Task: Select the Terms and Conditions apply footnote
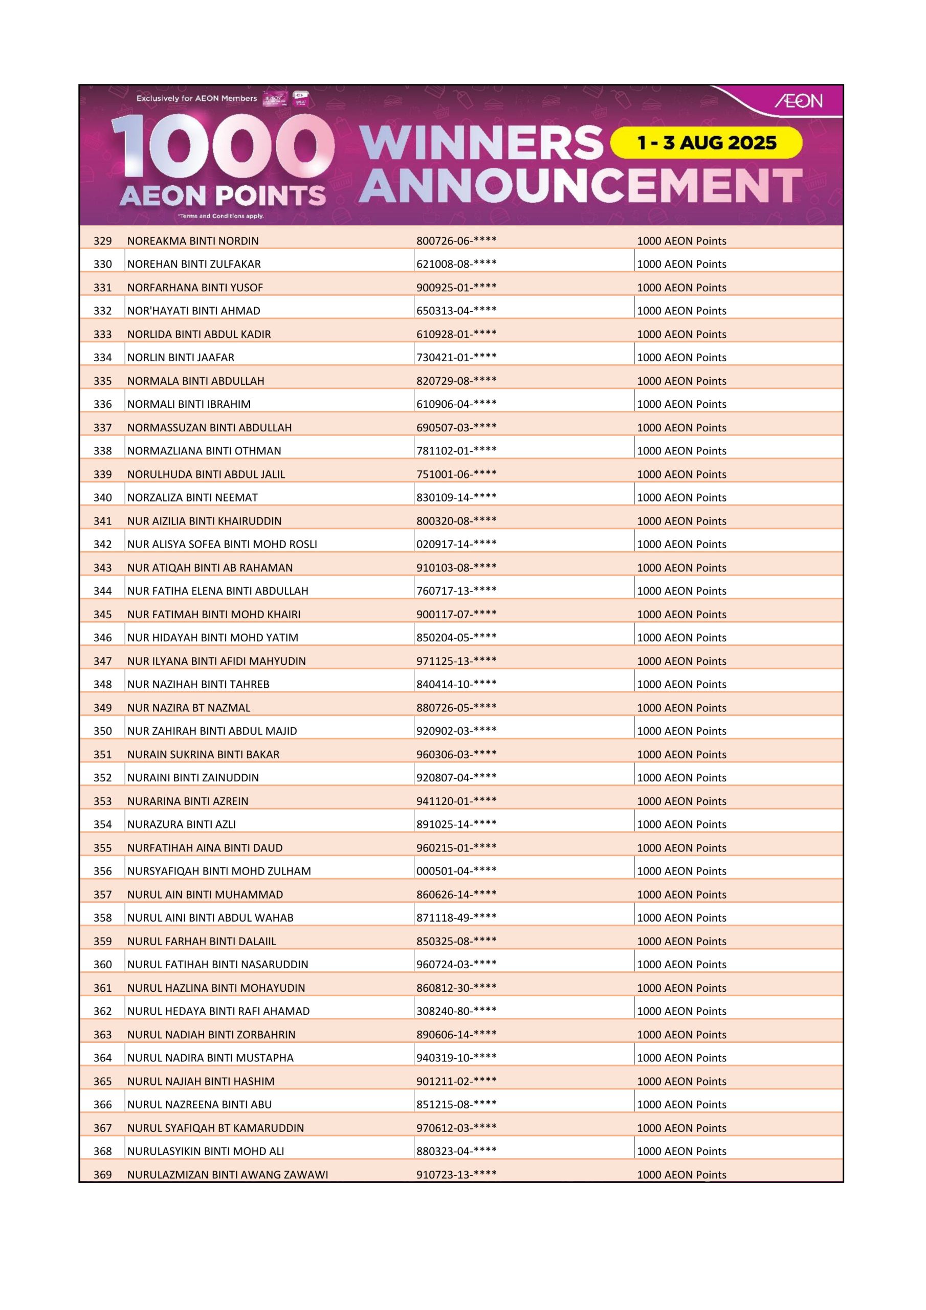coord(221,216)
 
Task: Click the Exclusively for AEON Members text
coord(197,98)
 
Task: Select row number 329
coord(103,241)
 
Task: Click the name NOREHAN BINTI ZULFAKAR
coord(194,264)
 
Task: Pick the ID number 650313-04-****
coord(456,311)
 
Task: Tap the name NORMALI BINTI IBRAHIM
coord(189,404)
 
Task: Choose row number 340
coord(103,497)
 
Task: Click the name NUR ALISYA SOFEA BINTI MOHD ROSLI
coord(222,544)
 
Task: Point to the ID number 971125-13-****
coord(456,661)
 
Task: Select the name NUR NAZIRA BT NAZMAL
coord(189,708)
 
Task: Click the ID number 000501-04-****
coord(456,870)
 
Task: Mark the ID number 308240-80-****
coord(456,1011)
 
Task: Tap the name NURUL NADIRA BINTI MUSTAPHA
coord(210,1058)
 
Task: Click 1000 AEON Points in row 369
coord(681,1174)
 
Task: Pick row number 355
coord(103,848)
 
